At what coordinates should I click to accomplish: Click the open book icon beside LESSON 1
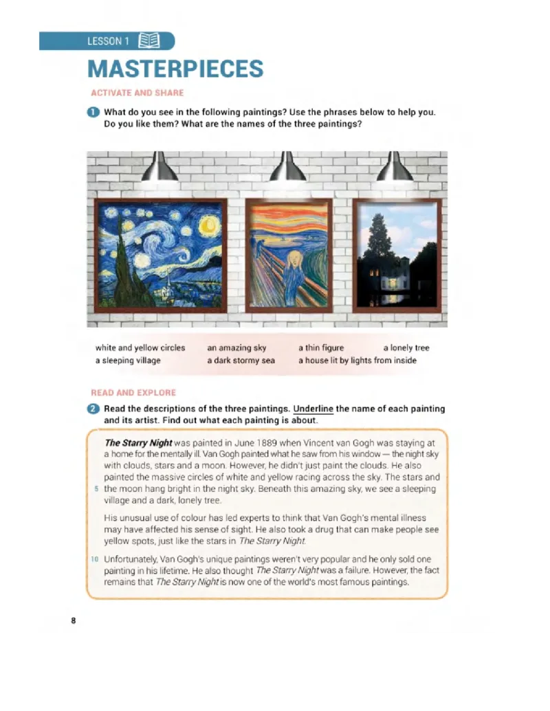[149, 41]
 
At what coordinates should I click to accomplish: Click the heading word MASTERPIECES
[175, 69]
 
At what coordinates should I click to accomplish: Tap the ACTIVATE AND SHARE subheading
[137, 93]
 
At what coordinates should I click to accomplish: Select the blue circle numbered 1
[93, 112]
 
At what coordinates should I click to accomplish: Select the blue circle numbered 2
[93, 409]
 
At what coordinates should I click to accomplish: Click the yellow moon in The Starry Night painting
[209, 225]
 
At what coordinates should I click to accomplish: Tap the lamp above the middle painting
[287, 167]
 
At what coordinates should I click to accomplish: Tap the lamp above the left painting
[159, 167]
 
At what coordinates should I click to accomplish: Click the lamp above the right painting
[395, 167]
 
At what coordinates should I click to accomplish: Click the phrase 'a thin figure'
[321, 348]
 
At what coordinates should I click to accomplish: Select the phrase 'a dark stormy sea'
[241, 361]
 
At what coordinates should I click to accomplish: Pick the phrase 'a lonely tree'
[406, 348]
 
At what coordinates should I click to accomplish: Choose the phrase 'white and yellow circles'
[140, 348]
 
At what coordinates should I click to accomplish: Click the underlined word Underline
[313, 409]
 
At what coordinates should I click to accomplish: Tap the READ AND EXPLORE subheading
[133, 393]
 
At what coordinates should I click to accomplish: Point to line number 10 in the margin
[94, 559]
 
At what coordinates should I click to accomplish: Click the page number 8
[74, 621]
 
